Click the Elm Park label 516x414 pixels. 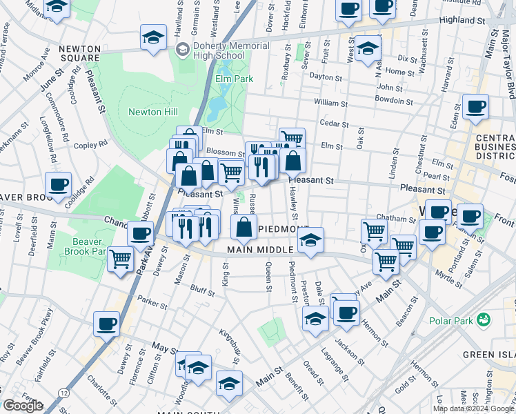pos(234,79)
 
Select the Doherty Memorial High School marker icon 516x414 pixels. pos(182,49)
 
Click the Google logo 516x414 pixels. pos(23,406)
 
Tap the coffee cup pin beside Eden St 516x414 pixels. pos(475,107)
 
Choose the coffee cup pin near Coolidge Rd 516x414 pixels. pos(59,185)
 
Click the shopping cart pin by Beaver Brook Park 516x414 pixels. pos(120,260)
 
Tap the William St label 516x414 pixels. pos(330,103)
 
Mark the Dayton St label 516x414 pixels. pos(326,77)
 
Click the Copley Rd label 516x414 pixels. pos(91,144)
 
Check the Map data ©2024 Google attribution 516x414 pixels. pos(473,408)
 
